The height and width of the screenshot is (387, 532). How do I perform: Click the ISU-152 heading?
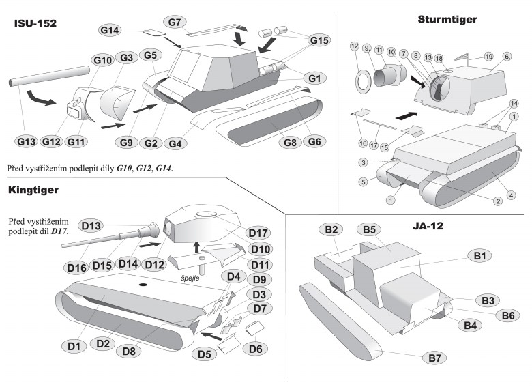click(35, 23)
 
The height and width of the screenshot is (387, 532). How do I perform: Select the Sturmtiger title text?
click(447, 19)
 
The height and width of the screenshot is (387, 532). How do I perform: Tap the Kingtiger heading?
click(33, 190)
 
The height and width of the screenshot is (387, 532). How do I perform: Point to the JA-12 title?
click(428, 226)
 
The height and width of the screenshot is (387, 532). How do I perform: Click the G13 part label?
click(26, 141)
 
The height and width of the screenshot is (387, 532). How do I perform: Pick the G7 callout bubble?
click(175, 23)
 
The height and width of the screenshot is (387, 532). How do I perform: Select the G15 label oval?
click(320, 40)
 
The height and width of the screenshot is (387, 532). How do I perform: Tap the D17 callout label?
click(258, 233)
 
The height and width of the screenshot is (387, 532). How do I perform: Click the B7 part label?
click(434, 358)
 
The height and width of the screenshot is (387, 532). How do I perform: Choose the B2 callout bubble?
click(331, 230)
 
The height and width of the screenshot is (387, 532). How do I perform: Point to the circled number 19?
click(488, 57)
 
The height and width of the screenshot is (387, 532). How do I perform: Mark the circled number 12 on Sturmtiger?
click(355, 46)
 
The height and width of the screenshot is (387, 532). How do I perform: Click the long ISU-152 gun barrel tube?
click(50, 76)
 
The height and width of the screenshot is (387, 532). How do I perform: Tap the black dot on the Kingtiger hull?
click(143, 285)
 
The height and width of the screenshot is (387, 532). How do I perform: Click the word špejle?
click(190, 278)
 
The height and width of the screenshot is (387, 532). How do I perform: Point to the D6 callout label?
click(255, 349)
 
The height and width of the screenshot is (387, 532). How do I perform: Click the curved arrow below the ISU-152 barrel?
click(38, 98)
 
